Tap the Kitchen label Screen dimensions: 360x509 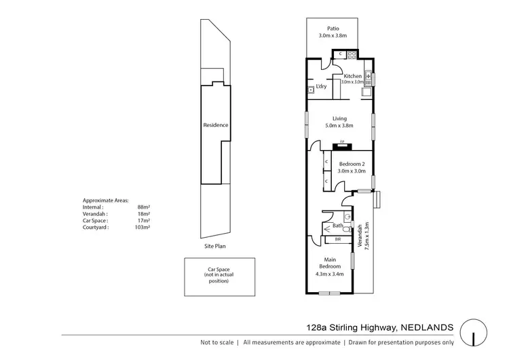pos(353,75)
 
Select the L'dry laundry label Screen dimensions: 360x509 pos(322,87)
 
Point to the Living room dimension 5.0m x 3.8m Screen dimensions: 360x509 pos(339,125)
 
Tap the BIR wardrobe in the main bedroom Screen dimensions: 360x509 pos(337,239)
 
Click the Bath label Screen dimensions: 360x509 pos(337,225)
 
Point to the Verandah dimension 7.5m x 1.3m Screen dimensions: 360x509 pos(366,236)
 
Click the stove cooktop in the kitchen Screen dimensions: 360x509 pos(352,54)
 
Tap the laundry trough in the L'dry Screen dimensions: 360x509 pos(310,90)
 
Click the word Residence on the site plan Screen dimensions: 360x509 pos(216,125)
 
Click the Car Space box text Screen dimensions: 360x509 pos(219,274)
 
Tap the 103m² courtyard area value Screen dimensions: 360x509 pos(143,228)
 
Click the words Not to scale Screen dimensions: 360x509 pos(217,343)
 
